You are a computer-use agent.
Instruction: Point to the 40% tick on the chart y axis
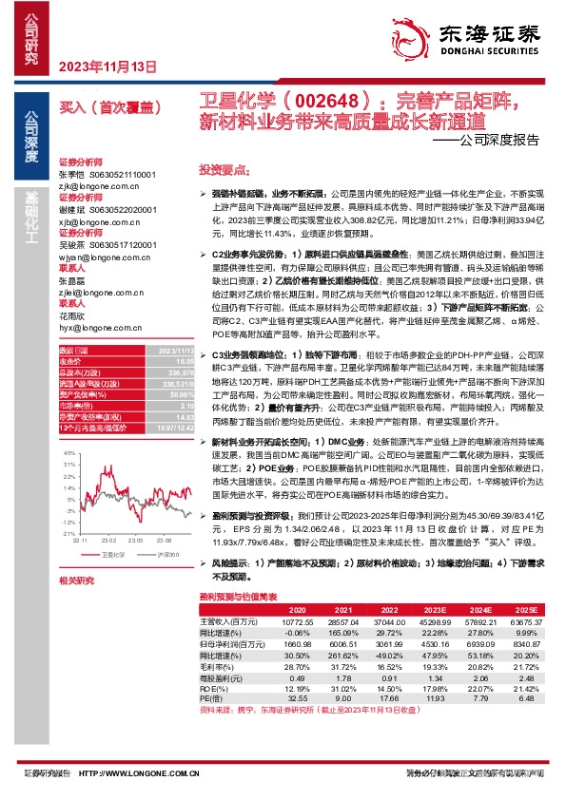pos(68,454)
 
